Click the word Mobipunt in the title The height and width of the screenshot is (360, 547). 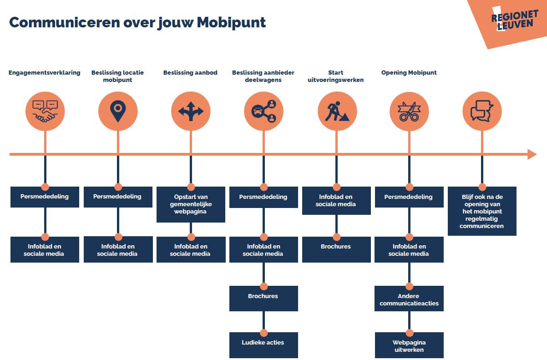tap(231, 23)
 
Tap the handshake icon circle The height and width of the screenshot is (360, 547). tap(45, 111)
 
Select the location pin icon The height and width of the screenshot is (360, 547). tap(118, 111)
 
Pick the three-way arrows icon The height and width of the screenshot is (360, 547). tap(191, 111)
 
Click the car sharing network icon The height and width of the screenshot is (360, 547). tap(264, 111)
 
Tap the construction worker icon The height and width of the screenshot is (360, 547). tap(337, 111)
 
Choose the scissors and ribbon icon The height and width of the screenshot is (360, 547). tap(409, 111)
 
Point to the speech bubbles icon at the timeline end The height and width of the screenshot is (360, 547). tap(482, 111)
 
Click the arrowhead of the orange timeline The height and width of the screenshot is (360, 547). tap(532, 154)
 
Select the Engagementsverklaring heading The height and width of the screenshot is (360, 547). tap(45, 72)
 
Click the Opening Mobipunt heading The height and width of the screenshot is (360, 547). tap(409, 72)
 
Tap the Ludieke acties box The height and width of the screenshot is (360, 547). tap(263, 345)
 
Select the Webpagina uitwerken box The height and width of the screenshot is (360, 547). tap(409, 345)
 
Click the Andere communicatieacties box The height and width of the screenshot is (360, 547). tap(409, 299)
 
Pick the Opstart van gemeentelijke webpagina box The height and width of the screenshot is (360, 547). tap(191, 204)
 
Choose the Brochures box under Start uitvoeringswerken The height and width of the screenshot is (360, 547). tap(336, 249)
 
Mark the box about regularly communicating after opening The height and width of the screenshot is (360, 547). tap(482, 211)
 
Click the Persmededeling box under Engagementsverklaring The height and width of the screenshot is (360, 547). tap(45, 197)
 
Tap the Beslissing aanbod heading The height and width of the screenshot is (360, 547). tap(190, 72)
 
